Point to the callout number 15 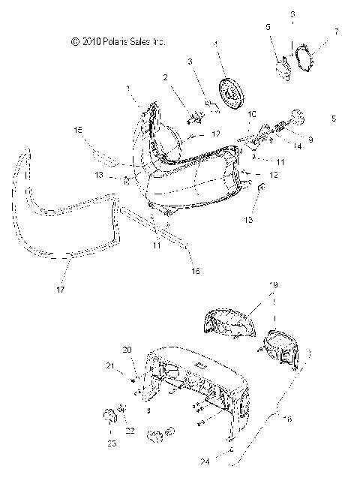click(77, 131)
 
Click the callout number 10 click(252, 114)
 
